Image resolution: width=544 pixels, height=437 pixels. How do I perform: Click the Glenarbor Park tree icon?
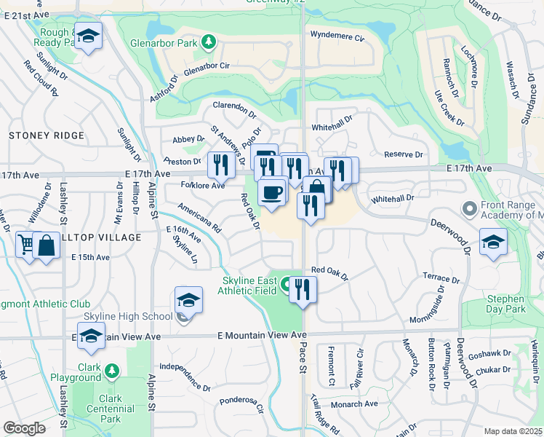pyautogui.click(x=209, y=42)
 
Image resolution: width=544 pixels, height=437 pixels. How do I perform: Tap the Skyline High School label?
pyautogui.click(x=128, y=315)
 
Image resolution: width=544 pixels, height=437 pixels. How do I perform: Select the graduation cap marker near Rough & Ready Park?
pyautogui.click(x=89, y=36)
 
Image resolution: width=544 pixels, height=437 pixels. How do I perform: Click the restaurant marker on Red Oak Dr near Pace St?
pyautogui.click(x=303, y=289)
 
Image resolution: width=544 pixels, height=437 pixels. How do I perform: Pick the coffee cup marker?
pyautogui.click(x=272, y=193)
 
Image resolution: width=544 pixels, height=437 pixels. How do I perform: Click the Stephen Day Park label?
pyautogui.click(x=506, y=304)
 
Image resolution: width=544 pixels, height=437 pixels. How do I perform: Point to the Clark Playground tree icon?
pyautogui.click(x=111, y=371)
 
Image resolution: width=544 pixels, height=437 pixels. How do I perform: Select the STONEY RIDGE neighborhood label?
pyautogui.click(x=47, y=135)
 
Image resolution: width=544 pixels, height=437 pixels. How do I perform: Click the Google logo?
pyautogui.click(x=24, y=428)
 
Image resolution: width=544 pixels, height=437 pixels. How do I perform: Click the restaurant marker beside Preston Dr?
pyautogui.click(x=220, y=165)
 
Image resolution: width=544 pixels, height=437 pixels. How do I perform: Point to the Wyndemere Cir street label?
pyautogui.click(x=336, y=35)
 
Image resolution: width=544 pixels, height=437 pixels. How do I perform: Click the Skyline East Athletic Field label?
pyautogui.click(x=249, y=286)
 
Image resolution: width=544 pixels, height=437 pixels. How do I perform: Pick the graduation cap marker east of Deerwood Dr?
pyautogui.click(x=492, y=243)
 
